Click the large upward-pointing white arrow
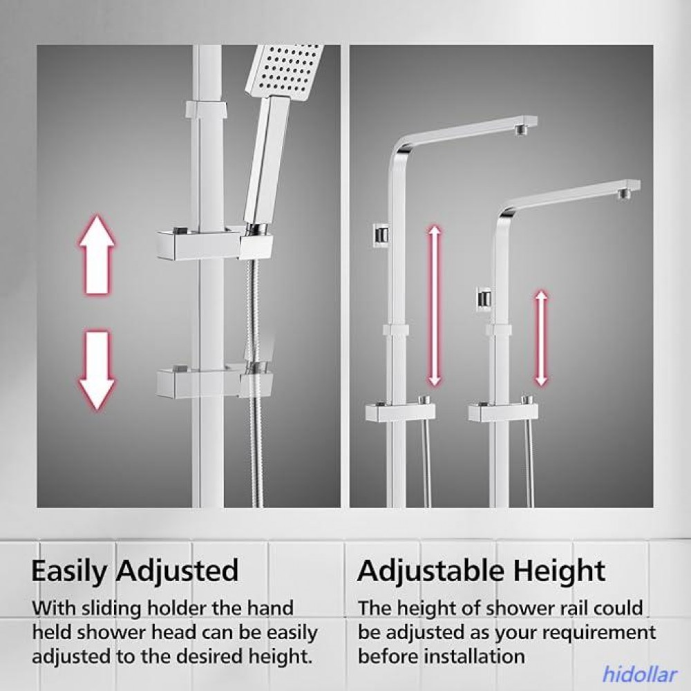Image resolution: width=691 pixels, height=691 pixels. coord(97,255)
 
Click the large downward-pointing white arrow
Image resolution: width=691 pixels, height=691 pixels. coord(97,370)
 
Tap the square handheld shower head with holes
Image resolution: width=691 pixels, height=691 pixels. coord(285,70)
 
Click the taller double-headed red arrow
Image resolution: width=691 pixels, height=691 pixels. coord(435,306)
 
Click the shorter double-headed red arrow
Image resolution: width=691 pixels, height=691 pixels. coord(541,338)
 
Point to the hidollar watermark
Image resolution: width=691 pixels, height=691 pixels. coord(638,674)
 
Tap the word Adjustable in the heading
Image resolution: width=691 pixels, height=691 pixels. coord(430,571)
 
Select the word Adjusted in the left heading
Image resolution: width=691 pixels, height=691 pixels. coord(177,571)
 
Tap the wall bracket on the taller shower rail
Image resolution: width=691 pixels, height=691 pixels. coord(381,233)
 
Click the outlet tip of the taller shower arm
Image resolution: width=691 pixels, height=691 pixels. coord(522,129)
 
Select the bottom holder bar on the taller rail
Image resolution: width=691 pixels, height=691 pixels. coord(400,411)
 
